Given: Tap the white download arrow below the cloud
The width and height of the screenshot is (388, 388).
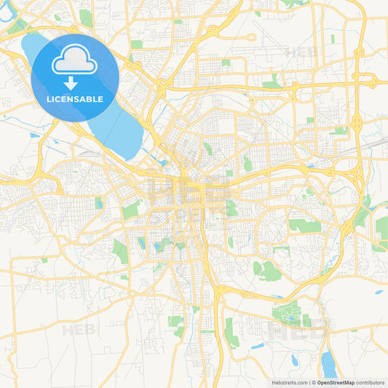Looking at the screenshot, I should click(75, 80).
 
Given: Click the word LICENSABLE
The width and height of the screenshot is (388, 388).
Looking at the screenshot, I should click(75, 99).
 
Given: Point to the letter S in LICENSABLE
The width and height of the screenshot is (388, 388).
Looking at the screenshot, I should click(77, 99).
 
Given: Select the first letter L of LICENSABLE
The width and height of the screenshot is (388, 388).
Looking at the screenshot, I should click(49, 99).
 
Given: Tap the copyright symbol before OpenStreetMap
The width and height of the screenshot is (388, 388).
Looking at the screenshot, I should click(314, 382).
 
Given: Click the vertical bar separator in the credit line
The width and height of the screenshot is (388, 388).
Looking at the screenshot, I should click(309, 382).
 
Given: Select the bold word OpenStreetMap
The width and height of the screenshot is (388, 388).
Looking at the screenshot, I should click(336, 382).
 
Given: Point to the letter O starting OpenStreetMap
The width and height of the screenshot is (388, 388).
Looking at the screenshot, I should click(319, 382).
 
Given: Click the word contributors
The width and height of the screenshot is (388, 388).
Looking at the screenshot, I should click(370, 382).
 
